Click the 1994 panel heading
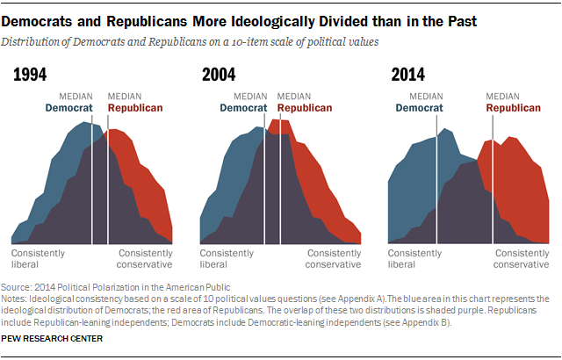pyautogui.click(x=30, y=77)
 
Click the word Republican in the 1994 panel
pyautogui.click(x=135, y=108)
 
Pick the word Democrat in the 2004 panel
pyautogui.click(x=243, y=108)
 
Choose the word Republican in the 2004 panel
pyautogui.click(x=305, y=108)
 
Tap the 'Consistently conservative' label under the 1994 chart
pyautogui.click(x=144, y=258)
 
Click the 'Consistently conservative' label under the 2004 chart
pyautogui.click(x=333, y=258)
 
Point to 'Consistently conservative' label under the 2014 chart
pyautogui.click(x=522, y=258)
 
